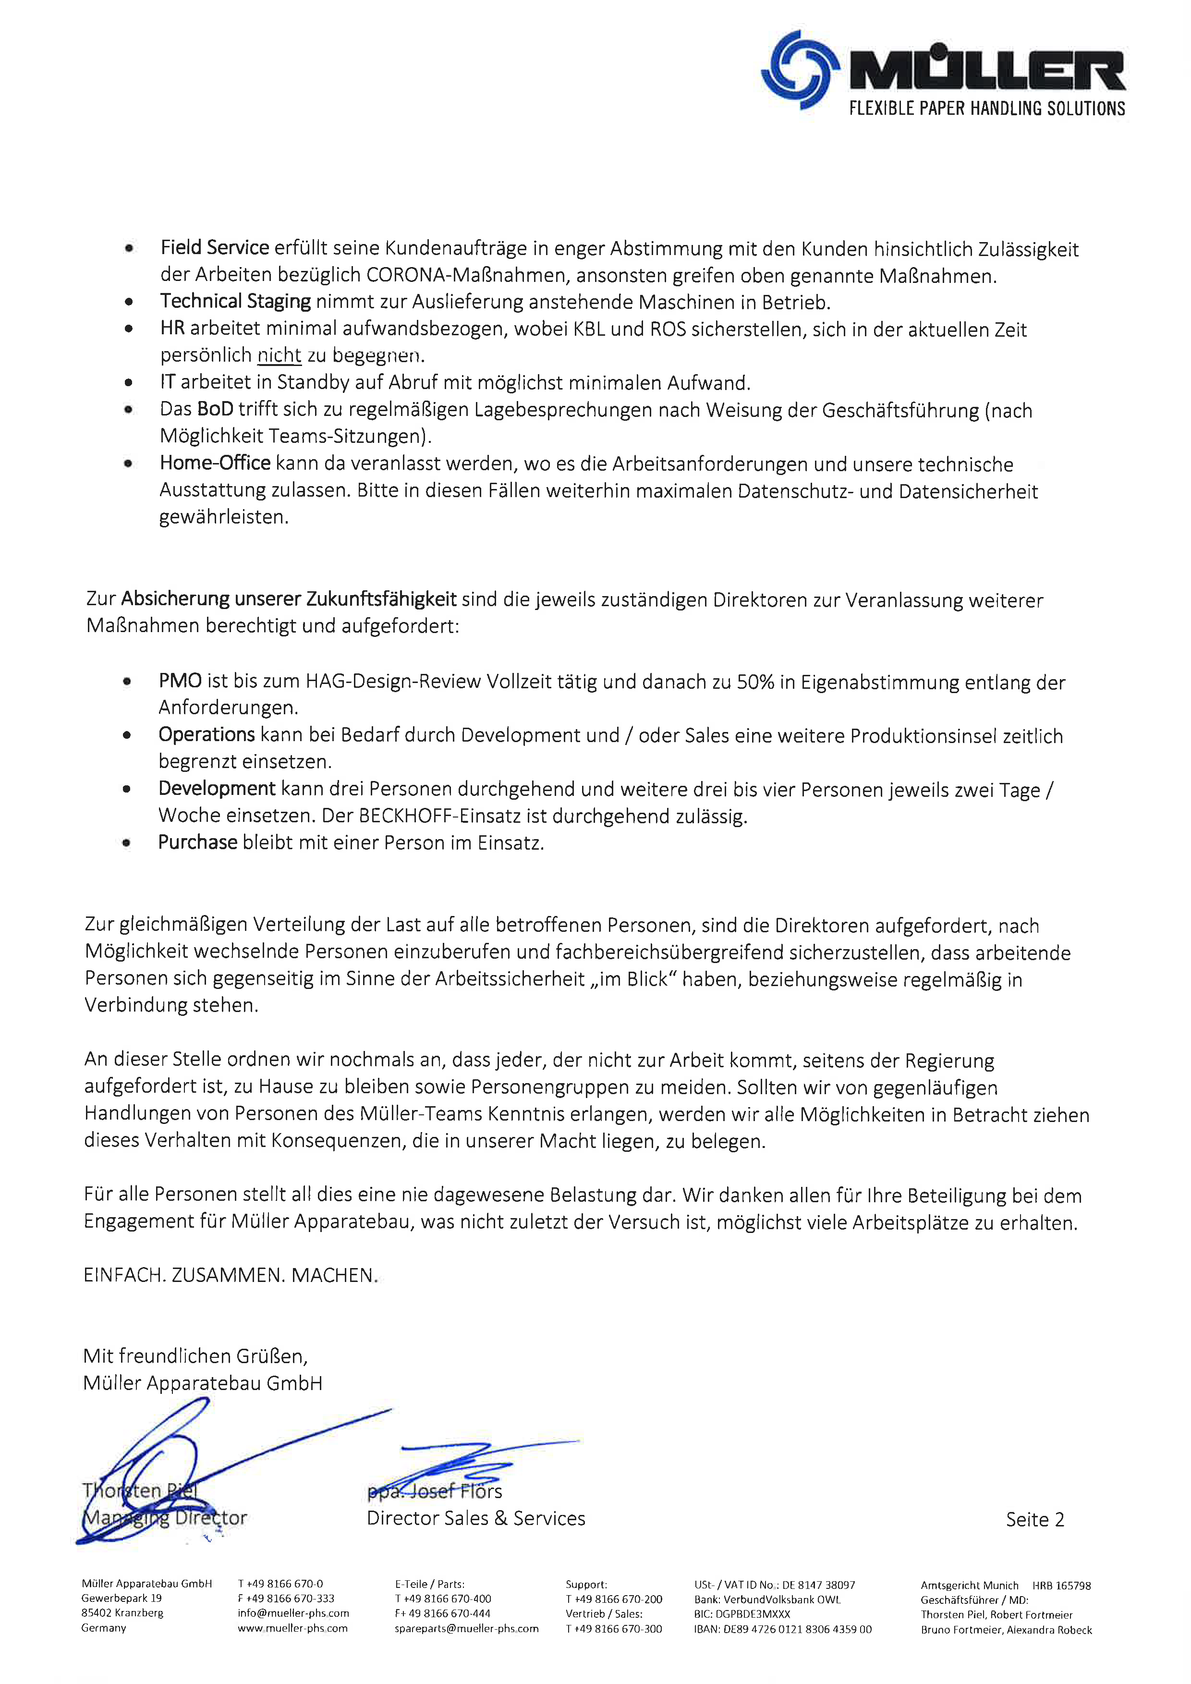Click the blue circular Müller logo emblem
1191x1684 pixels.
point(800,70)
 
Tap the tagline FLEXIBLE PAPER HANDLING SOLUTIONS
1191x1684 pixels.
point(986,109)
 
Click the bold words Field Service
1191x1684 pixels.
point(215,248)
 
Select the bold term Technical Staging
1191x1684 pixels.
point(235,302)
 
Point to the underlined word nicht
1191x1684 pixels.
point(279,356)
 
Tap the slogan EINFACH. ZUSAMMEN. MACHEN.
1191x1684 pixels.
point(231,1275)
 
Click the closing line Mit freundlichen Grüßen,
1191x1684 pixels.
point(195,1356)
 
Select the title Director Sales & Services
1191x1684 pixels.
point(475,1518)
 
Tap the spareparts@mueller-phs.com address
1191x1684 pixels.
point(466,1628)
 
